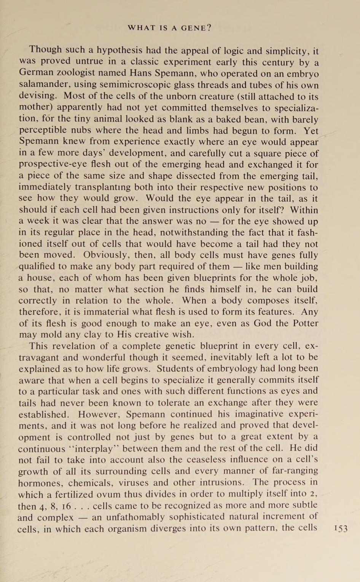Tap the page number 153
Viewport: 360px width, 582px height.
340,529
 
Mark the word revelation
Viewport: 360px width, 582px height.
76,346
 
